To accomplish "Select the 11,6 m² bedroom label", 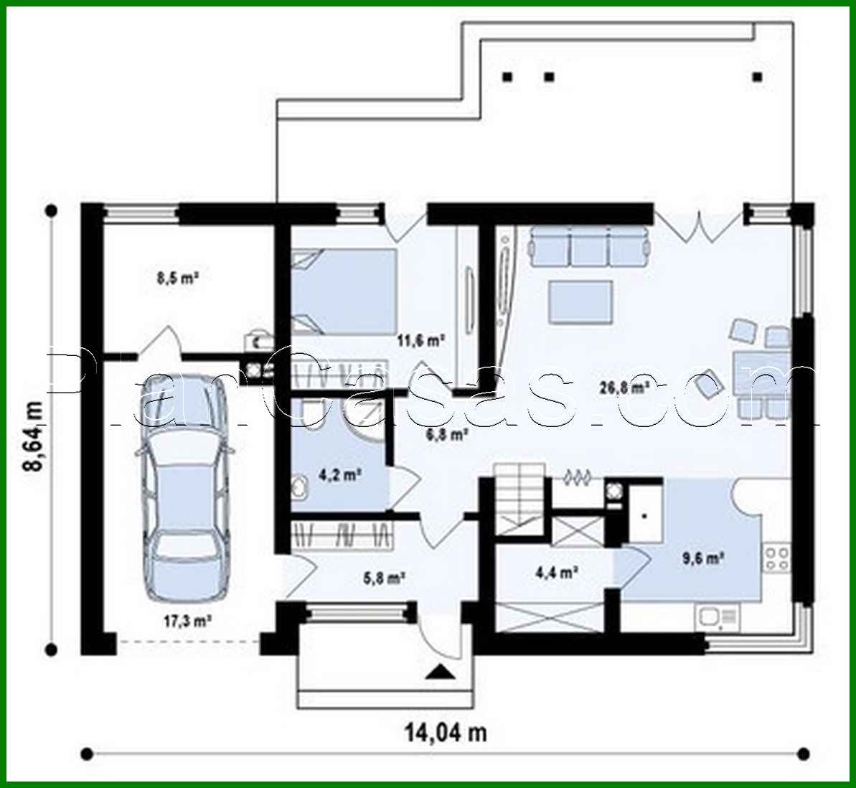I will (x=421, y=341).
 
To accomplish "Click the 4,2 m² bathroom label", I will (x=339, y=474).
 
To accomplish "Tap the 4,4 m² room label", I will (x=558, y=572).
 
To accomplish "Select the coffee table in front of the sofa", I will (x=580, y=301).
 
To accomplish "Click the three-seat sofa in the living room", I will (x=589, y=247).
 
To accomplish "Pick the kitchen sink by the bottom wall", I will (x=716, y=616).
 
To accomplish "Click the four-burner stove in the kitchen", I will (x=776, y=558).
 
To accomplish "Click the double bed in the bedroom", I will (x=344, y=291).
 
